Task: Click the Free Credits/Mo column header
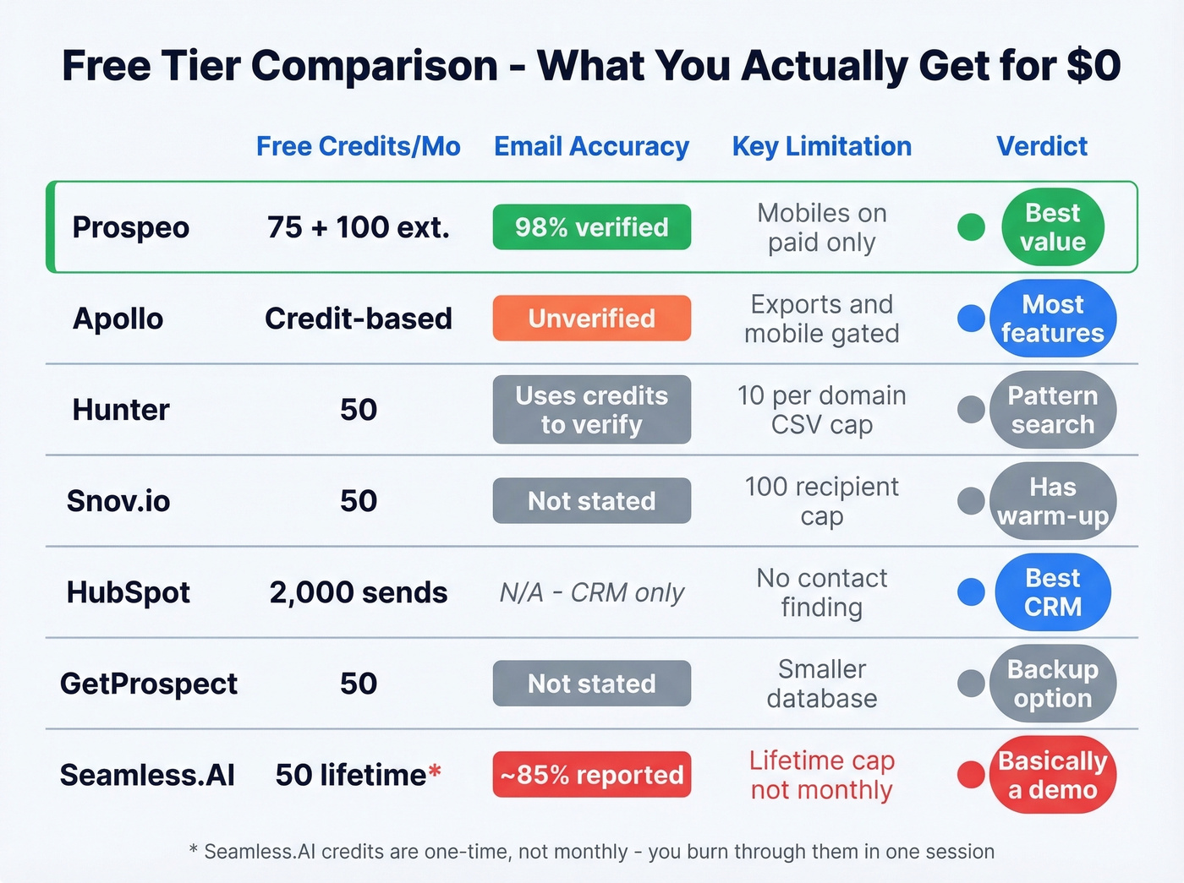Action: pos(358,146)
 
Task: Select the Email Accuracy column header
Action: pos(591,146)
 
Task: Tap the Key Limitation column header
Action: pos(821,146)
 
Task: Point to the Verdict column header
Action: pos(1041,146)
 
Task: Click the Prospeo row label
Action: pos(130,227)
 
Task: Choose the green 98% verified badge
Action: pos(591,227)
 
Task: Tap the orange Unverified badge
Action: pos(591,319)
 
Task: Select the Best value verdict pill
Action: pos(1052,227)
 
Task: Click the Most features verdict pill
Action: pos(1052,319)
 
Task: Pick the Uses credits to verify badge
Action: pos(591,410)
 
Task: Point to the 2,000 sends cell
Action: pos(358,592)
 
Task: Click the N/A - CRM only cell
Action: pos(591,592)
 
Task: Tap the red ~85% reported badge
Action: pos(591,775)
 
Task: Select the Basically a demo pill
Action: pos(1052,775)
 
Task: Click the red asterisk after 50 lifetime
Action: pos(435,771)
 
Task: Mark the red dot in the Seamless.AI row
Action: pos(970,775)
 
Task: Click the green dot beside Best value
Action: pos(971,227)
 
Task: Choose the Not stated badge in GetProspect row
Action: pos(591,684)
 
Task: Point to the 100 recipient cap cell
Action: pos(821,501)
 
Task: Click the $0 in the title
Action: pos(1094,66)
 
